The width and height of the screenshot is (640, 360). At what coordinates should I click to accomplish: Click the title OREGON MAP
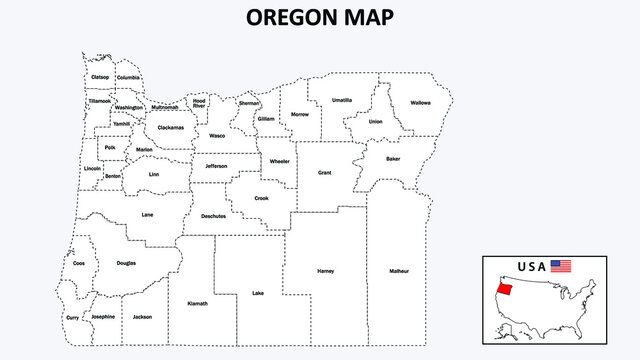pyautogui.click(x=319, y=17)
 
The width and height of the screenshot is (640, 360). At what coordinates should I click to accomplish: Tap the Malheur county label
pyautogui.click(x=399, y=271)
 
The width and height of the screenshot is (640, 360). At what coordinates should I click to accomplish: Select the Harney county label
pyautogui.click(x=324, y=271)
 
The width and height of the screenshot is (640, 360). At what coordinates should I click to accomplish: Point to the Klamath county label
pyautogui.click(x=197, y=303)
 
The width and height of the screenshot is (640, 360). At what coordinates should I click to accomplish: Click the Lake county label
pyautogui.click(x=258, y=293)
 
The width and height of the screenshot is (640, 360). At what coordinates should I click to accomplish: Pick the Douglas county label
pyautogui.click(x=126, y=263)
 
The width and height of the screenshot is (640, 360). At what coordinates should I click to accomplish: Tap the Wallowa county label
pyautogui.click(x=420, y=102)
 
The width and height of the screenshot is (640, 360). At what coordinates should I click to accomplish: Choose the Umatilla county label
pyautogui.click(x=342, y=100)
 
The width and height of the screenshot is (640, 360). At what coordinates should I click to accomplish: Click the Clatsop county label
pyautogui.click(x=100, y=77)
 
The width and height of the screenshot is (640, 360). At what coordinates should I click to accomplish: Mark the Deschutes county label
pyautogui.click(x=214, y=216)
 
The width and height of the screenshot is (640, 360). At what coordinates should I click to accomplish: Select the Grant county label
pyautogui.click(x=324, y=173)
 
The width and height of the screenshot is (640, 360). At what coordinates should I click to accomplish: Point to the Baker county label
pyautogui.click(x=393, y=159)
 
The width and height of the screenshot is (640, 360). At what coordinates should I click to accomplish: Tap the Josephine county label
pyautogui.click(x=103, y=316)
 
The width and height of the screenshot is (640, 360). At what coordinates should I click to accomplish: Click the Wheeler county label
pyautogui.click(x=279, y=161)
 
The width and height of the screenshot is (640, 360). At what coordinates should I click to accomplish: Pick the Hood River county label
pyautogui.click(x=200, y=103)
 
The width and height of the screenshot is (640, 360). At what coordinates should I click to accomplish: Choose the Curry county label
pyautogui.click(x=72, y=318)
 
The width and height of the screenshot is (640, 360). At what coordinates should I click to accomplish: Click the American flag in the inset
pyautogui.click(x=561, y=267)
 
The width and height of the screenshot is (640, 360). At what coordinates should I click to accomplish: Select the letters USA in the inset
pyautogui.click(x=531, y=267)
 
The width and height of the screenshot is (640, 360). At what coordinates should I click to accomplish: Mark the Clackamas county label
pyautogui.click(x=171, y=128)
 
